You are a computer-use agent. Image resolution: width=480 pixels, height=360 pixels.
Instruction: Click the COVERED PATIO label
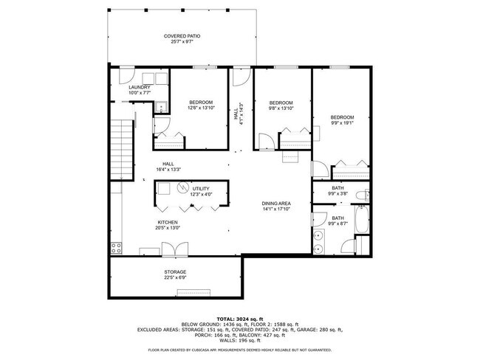point(182,36)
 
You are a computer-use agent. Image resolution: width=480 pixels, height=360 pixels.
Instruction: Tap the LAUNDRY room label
point(140,88)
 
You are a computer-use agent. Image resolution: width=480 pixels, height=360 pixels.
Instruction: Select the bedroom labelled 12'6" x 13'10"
point(200,108)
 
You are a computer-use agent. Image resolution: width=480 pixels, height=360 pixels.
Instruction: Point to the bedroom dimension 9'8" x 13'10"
point(281,108)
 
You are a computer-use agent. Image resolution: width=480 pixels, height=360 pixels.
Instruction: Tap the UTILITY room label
point(202,189)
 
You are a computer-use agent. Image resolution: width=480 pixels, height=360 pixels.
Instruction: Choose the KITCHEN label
point(167,222)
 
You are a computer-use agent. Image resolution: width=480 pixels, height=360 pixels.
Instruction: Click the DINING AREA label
point(277,204)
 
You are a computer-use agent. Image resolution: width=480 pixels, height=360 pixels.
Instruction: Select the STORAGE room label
point(175,272)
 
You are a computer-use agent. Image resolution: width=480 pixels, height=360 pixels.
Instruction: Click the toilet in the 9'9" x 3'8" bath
point(361,196)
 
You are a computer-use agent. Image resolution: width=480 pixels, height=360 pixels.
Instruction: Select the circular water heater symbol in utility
point(181,187)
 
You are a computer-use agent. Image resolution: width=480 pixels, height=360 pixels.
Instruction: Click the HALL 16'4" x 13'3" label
point(168,166)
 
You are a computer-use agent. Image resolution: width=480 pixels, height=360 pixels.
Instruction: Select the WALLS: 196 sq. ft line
point(239,341)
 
